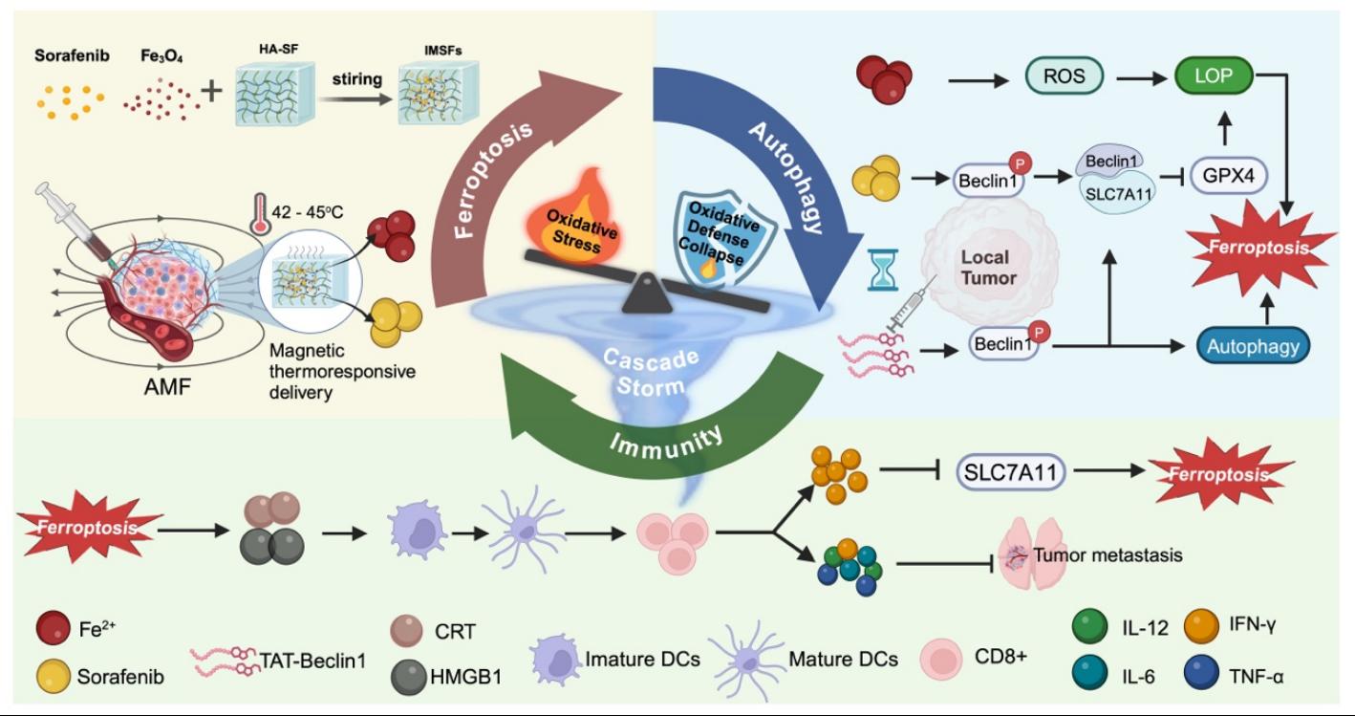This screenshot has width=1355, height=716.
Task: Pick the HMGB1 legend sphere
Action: (409, 678)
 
